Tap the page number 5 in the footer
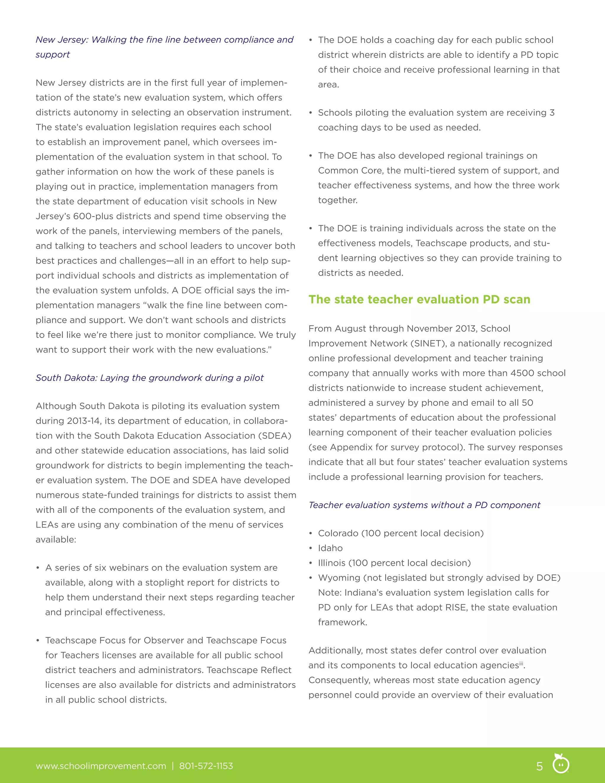click(x=539, y=766)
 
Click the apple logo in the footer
click(x=561, y=763)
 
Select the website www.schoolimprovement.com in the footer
click(x=101, y=766)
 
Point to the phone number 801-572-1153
click(x=206, y=766)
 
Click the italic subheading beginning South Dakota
click(x=149, y=378)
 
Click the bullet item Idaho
click(x=330, y=548)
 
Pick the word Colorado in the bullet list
click(x=338, y=533)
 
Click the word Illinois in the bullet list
click(x=331, y=563)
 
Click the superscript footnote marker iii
click(x=521, y=664)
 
